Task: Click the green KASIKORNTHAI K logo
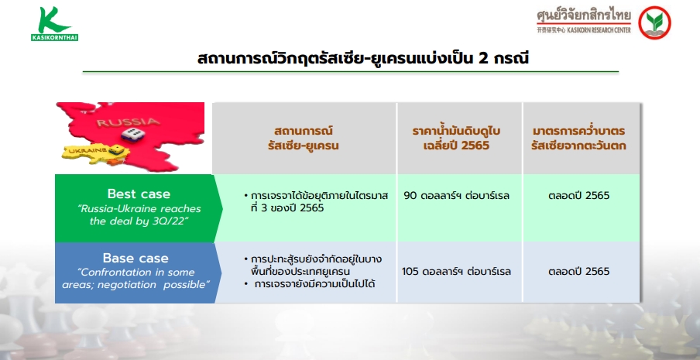54,24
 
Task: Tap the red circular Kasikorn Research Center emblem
654,22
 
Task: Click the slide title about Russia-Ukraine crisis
363,58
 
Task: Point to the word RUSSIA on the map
128,122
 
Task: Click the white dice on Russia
132,134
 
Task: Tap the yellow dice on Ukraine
115,150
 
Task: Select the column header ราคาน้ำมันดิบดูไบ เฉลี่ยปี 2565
456,139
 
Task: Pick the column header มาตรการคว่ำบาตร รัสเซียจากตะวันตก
578,139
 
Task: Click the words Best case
139,194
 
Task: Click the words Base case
136,258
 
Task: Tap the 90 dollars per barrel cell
456,196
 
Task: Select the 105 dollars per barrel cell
456,272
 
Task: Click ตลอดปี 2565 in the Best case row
578,196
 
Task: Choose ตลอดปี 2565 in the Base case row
578,272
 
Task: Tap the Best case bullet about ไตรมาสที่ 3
316,202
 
